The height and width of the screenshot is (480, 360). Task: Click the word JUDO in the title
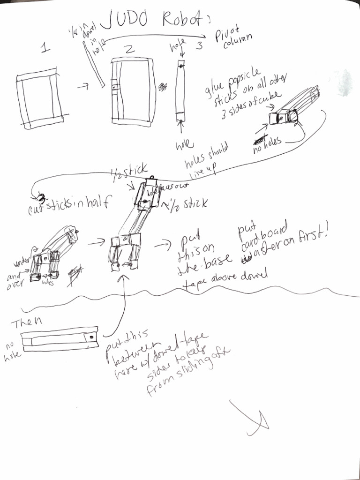[x=128, y=20]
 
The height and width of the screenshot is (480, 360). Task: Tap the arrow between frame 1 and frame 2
[x=85, y=86]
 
